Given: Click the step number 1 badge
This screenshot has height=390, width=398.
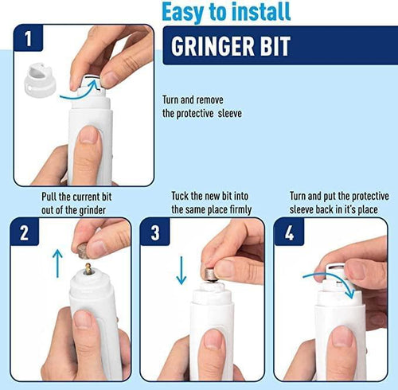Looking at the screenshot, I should pos(29,39).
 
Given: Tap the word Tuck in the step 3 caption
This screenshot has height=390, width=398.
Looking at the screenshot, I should pos(182,196).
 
